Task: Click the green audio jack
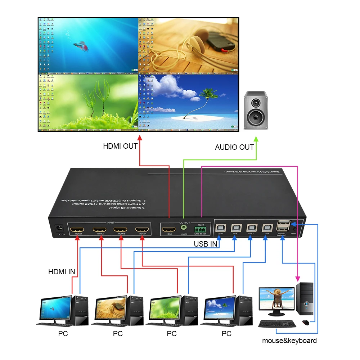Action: pos(184,228)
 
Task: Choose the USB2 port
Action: pos(236,228)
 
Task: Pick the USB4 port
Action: pos(267,228)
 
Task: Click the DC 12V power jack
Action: pos(58,228)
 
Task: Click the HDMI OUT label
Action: pos(120,146)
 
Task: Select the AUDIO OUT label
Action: pos(234,147)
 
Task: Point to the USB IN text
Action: pos(206,244)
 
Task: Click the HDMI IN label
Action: pos(62,272)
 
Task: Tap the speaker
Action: pos(256,110)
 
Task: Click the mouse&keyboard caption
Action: pos(289,341)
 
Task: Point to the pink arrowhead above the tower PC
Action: pos(297,278)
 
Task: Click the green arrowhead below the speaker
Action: pos(256,139)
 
